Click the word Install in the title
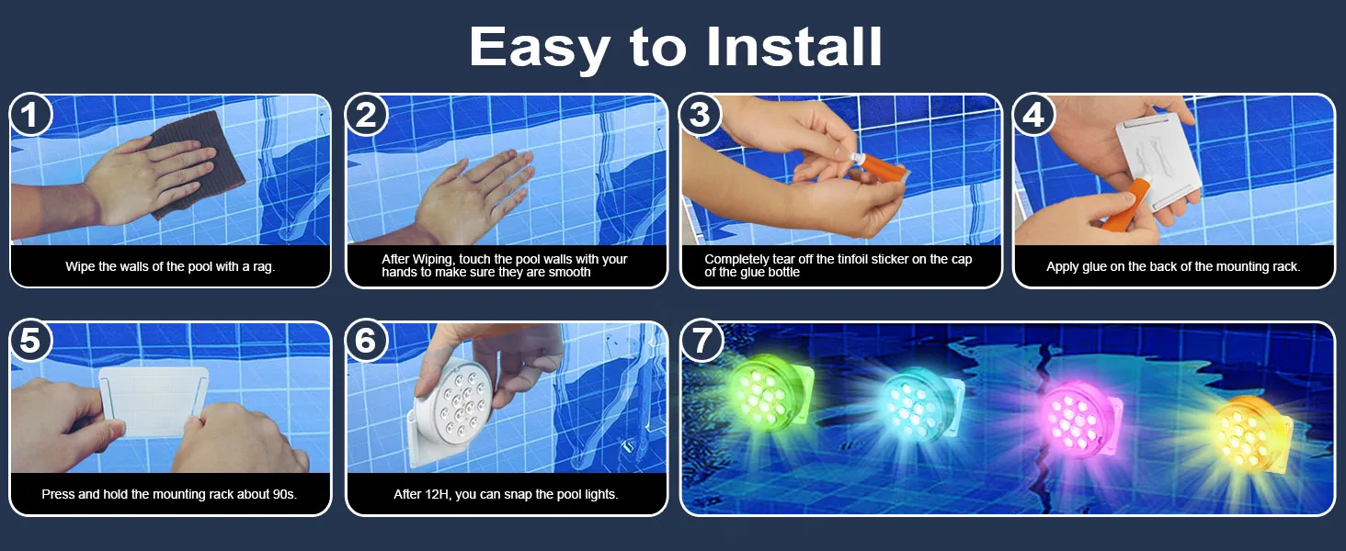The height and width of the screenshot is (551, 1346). (x=793, y=46)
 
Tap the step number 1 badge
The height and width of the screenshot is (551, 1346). (x=30, y=114)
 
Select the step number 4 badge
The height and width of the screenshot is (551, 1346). (x=1033, y=114)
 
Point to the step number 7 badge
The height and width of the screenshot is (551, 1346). (x=701, y=341)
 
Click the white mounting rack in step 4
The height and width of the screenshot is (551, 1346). (x=1157, y=159)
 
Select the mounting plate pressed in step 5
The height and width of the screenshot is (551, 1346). (x=154, y=401)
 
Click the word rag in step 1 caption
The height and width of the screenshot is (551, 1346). (x=263, y=267)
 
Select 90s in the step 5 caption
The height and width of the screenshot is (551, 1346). (x=283, y=494)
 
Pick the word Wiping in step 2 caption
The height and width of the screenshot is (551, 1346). (x=436, y=259)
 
